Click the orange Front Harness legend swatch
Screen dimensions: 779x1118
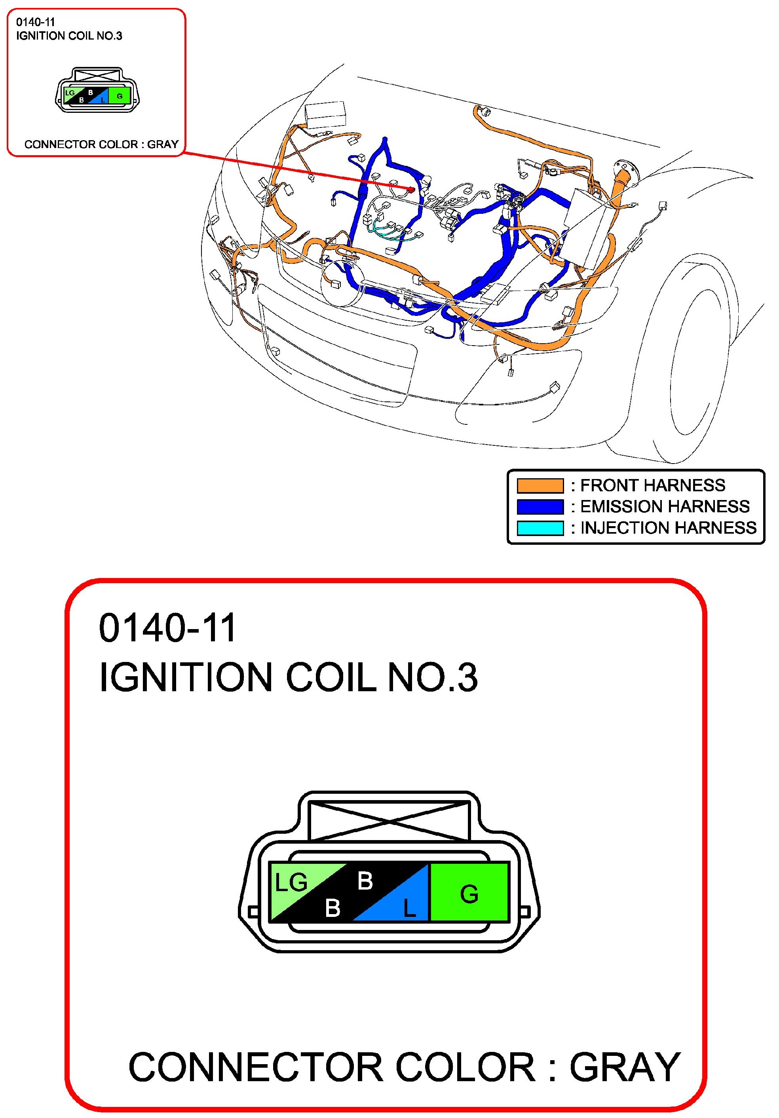(x=540, y=485)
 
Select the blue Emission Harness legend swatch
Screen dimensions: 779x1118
(x=540, y=506)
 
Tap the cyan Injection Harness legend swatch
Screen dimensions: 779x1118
(x=540, y=528)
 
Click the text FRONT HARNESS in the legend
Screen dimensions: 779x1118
(x=652, y=485)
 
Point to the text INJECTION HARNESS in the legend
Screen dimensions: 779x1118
(x=668, y=528)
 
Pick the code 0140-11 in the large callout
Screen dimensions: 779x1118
(x=167, y=628)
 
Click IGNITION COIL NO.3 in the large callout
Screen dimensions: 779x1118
(x=288, y=677)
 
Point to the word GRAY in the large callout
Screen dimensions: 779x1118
(x=625, y=1067)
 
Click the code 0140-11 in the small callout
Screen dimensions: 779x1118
(x=36, y=22)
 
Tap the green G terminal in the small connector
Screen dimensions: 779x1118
(x=119, y=96)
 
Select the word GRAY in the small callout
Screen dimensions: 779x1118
(x=163, y=144)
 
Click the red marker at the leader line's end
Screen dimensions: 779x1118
(x=411, y=189)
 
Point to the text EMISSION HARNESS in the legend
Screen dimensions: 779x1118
(x=665, y=506)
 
